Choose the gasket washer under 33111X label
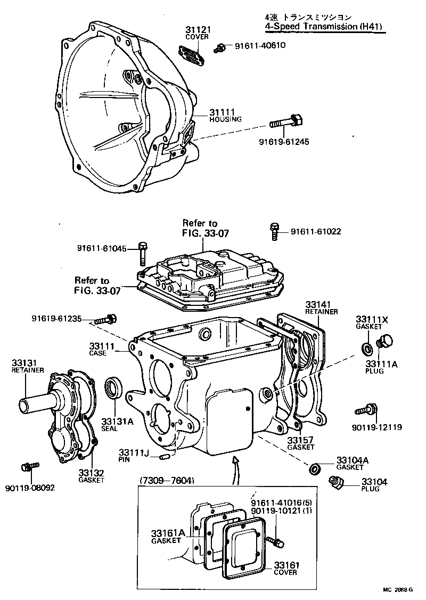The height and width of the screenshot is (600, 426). pyautogui.click(x=367, y=348)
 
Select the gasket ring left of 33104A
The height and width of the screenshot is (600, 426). pyautogui.click(x=315, y=468)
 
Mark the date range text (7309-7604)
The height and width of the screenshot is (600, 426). pyautogui.click(x=167, y=481)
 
